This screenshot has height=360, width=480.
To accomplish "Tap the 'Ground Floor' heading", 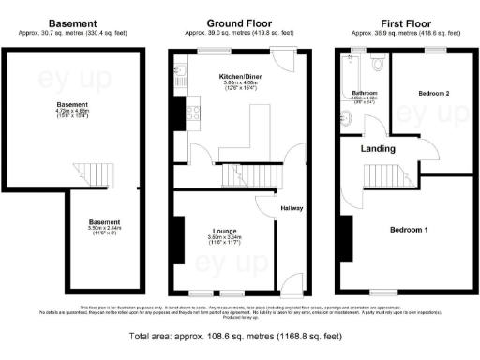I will coord(240,22).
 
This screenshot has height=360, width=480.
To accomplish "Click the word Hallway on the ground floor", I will coord(291,208).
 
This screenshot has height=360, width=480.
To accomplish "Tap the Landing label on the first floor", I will coord(379,149).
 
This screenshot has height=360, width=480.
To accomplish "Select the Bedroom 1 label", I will coord(409,229).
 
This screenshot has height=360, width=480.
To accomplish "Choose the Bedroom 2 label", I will coord(434,94).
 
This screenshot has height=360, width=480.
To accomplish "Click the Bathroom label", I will coord(365,93).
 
